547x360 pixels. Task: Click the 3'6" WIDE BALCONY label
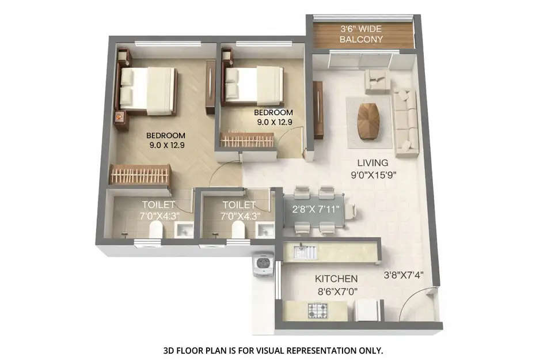point(362,34)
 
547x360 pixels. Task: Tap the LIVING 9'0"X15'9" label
point(373,168)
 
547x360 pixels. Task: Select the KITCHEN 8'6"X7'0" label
point(336,285)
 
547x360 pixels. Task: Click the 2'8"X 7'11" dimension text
point(316,209)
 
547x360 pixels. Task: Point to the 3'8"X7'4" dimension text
point(404,275)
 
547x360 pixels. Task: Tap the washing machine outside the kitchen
point(263,266)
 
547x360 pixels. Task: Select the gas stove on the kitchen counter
point(318,312)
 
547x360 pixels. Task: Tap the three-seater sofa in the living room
point(405,122)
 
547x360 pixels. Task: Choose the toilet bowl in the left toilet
point(155,230)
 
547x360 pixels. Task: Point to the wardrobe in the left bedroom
point(140,175)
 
